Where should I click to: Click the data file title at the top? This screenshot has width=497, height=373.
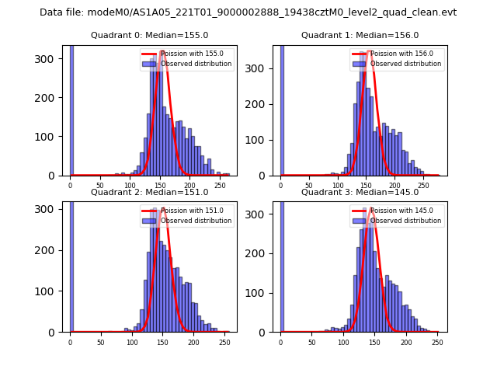coord(248,12)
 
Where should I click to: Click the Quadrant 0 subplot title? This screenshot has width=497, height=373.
coord(150,35)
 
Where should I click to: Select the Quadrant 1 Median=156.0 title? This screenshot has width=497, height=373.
coord(360,35)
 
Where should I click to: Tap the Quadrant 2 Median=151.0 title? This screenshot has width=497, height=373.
coord(150,192)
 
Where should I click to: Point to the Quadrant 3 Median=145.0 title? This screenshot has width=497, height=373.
coord(360,192)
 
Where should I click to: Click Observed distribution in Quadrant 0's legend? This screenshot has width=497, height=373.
coord(196,64)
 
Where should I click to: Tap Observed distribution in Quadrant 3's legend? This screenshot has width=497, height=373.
coord(405,221)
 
